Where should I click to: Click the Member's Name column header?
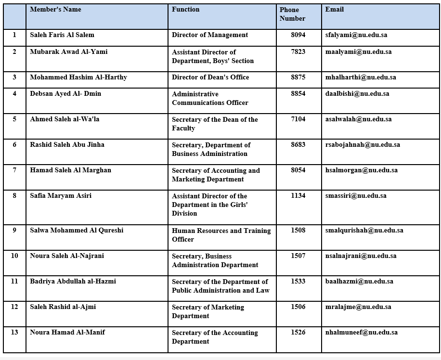click(x=55, y=9)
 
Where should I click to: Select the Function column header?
click(x=185, y=9)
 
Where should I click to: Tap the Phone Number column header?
click(x=292, y=14)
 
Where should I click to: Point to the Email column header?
click(x=334, y=9)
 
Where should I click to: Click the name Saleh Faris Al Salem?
click(x=62, y=35)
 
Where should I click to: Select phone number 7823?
click(x=298, y=51)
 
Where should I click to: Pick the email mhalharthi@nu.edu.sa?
click(x=361, y=77)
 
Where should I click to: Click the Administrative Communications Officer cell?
click(x=210, y=98)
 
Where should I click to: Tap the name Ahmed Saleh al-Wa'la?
click(x=65, y=119)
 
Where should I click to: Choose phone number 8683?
click(x=298, y=144)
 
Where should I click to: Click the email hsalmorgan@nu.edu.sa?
click(x=361, y=170)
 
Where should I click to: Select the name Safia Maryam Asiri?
click(x=61, y=195)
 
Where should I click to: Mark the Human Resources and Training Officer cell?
click(x=221, y=235)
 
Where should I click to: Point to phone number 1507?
click(x=298, y=256)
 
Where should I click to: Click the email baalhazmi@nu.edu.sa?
click(x=359, y=281)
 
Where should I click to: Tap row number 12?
click(x=14, y=307)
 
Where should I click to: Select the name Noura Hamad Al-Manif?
click(x=67, y=332)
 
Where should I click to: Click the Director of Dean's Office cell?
click(x=210, y=77)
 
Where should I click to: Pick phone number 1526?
click(x=298, y=332)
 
